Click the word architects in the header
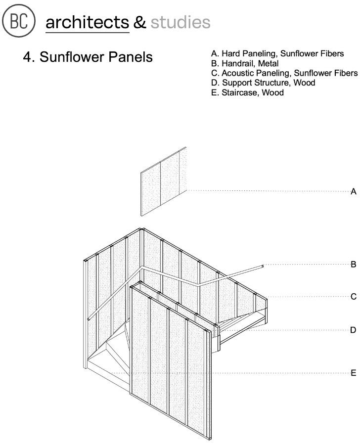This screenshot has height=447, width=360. [87, 22]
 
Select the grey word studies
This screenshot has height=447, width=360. [180, 22]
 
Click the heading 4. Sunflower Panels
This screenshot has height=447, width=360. [88, 57]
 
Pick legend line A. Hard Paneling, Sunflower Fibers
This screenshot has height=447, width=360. [277, 53]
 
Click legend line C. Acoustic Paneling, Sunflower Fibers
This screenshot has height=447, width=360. [284, 73]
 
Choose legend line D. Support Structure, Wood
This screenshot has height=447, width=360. [263, 83]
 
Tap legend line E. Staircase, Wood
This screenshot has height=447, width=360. [247, 92]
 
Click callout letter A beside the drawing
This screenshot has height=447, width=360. [353, 192]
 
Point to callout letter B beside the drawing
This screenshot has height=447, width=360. [353, 265]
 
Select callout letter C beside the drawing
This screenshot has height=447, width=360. [353, 297]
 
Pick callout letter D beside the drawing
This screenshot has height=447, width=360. [353, 330]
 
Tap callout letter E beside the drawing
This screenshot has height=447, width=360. [353, 373]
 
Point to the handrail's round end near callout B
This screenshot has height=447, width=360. [263, 266]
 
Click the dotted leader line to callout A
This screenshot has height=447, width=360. [267, 191]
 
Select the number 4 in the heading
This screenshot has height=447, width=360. [27, 57]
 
